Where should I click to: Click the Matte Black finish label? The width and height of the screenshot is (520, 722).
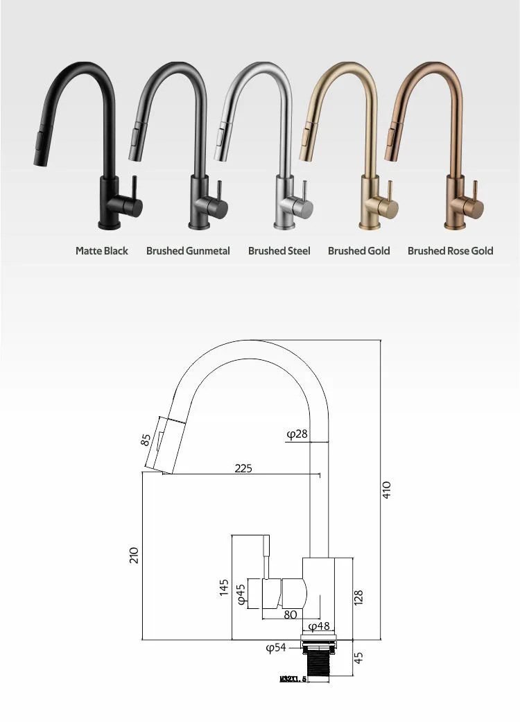pos(102,250)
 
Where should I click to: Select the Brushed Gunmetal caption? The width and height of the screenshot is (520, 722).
pos(188,250)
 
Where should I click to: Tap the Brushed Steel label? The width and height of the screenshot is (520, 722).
pos(279,250)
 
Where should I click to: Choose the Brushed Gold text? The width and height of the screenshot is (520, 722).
pos(358,250)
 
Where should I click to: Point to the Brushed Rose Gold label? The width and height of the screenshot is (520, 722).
pos(450,250)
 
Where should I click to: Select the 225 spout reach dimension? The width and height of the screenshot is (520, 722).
pos(243,468)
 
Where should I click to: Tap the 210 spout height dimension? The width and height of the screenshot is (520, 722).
pos(135,555)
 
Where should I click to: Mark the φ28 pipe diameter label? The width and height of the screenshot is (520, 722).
pos(297,434)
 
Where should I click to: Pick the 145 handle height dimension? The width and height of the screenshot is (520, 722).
pos(224,588)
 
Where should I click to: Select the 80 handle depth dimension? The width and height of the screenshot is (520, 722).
pos(290,615)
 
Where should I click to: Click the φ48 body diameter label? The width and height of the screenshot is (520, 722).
pos(318,626)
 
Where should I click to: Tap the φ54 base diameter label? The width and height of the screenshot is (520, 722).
pos(276,648)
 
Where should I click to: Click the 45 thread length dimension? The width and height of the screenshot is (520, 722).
pos(358,657)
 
